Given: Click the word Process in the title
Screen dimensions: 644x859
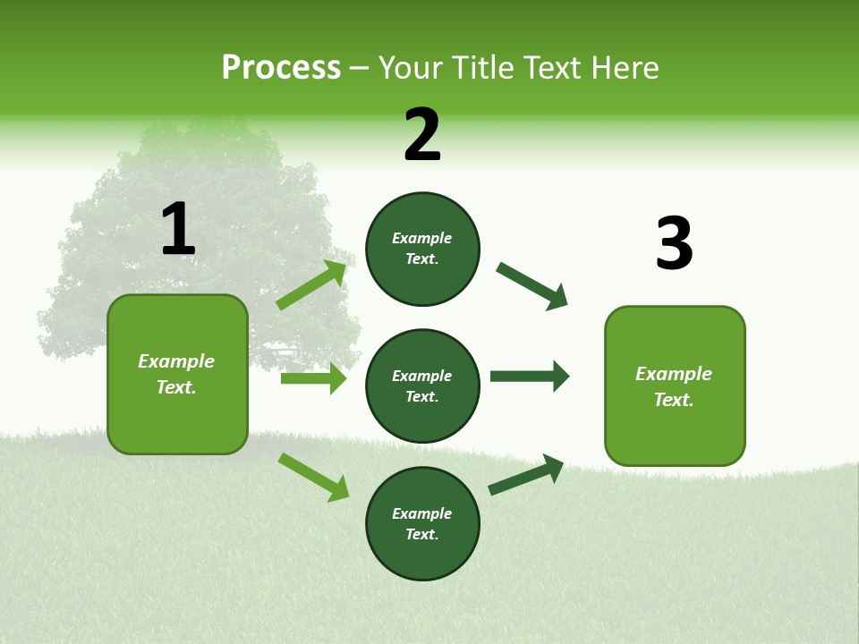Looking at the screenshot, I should [281, 68].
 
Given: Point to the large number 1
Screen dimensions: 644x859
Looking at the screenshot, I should [178, 230].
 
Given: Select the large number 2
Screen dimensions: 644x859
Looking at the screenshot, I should [422, 135].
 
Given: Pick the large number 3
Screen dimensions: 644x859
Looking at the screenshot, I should [674, 244].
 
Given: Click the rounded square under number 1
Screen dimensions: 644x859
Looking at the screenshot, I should [177, 374].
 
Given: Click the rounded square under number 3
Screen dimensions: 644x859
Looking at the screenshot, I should [675, 386].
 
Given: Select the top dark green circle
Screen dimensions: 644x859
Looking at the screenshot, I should [422, 249].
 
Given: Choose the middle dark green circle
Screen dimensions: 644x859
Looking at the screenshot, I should [422, 386].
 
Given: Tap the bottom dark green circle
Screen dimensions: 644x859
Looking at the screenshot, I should [422, 523].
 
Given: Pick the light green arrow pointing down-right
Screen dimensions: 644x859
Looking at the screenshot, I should [313, 476].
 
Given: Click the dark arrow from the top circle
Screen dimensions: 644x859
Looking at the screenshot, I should [532, 286].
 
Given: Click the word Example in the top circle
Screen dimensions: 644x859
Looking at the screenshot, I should [422, 238].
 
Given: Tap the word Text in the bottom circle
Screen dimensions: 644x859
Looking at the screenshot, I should [421, 534].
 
